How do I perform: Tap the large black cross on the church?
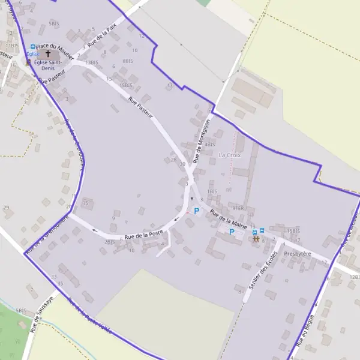(x=48, y=54)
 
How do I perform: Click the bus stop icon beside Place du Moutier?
(x=32, y=46)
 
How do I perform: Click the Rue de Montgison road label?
(x=202, y=141)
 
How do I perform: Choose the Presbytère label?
(x=298, y=254)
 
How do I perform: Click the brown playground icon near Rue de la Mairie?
(x=256, y=239)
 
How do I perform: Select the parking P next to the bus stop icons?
(x=232, y=232)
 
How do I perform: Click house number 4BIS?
(x=209, y=144)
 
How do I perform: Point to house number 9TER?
(x=238, y=208)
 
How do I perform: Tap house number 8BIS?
(x=127, y=61)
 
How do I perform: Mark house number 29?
(x=7, y=208)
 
